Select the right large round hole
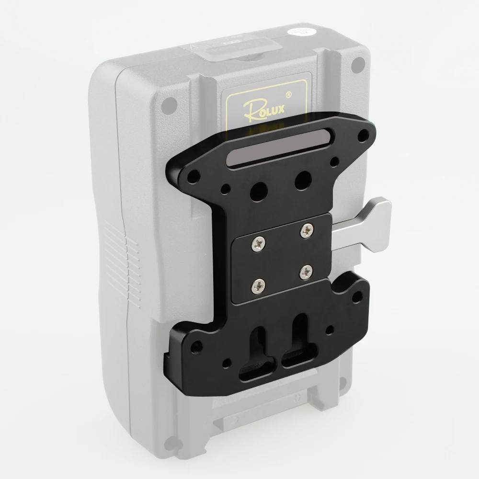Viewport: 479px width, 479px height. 301,179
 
